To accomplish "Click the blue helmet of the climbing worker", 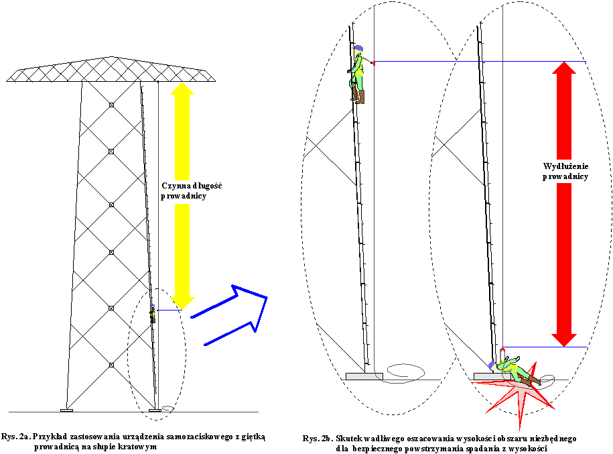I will point(358,49).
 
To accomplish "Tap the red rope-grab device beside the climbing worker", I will point(372,63).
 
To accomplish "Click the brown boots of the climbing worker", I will point(358,97).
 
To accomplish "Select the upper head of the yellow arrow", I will point(182,88).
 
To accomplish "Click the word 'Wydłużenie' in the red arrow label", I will point(565,166).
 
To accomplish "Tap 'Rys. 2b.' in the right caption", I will point(319,439).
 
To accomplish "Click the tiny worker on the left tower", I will point(153,313).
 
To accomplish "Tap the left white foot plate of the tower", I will point(66,409).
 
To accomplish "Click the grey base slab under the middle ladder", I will point(364,376).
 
